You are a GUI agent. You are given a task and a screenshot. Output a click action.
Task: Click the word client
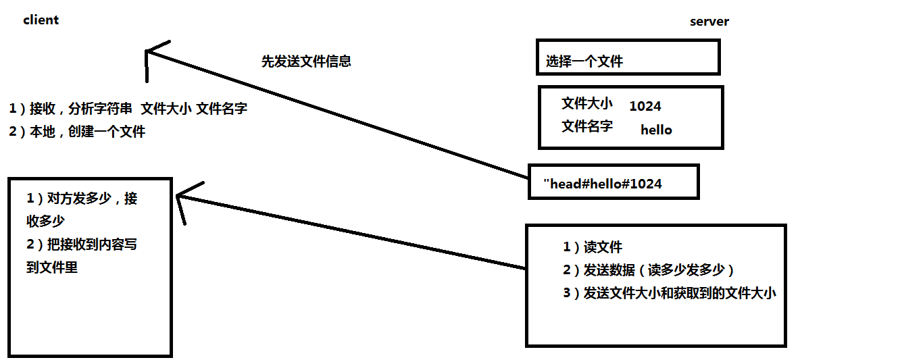tap(41, 20)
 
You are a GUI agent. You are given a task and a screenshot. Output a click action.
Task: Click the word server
tap(709, 22)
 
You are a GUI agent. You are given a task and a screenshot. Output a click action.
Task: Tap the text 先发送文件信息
tap(306, 61)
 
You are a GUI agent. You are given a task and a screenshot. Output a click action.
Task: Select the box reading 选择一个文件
tap(628, 57)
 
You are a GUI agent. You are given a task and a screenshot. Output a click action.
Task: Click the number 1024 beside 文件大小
tap(645, 106)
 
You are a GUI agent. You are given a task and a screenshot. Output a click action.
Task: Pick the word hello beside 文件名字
tap(656, 130)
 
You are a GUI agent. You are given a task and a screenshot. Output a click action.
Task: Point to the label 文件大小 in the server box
tap(586, 103)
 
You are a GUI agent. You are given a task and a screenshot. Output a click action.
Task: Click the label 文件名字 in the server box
tap(586, 126)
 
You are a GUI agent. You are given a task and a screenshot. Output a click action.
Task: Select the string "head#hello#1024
tap(603, 184)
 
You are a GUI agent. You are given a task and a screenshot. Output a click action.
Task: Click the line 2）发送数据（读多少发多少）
tap(648, 270)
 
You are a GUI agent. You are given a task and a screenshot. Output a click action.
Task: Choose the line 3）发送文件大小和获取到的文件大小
tap(670, 293)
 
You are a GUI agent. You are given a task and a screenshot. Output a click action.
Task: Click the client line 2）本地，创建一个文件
tap(77, 132)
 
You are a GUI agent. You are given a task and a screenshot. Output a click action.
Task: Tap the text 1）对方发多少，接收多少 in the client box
tap(81, 209)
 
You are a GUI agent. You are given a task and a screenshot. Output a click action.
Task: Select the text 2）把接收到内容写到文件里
tap(81, 255)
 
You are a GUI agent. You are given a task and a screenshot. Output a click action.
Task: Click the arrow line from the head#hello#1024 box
tap(338, 114)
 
